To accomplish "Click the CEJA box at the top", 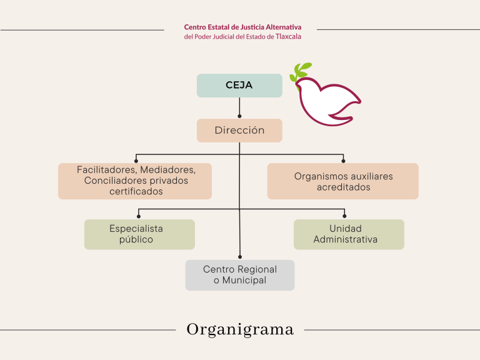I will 239,86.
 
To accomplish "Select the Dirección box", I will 239,131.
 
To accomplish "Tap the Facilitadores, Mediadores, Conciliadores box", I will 135,181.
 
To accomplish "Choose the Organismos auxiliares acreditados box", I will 343,181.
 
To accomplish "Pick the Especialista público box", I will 139,234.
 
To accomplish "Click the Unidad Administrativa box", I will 349,234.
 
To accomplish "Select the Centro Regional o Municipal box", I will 239,275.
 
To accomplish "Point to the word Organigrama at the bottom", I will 240,329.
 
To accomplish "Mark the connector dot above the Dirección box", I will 239,116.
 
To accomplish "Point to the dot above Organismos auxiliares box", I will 343,161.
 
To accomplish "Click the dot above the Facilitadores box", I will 136,161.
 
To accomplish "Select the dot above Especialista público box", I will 139,217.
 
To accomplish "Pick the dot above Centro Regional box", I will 239,257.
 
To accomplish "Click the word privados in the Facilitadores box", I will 167,181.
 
